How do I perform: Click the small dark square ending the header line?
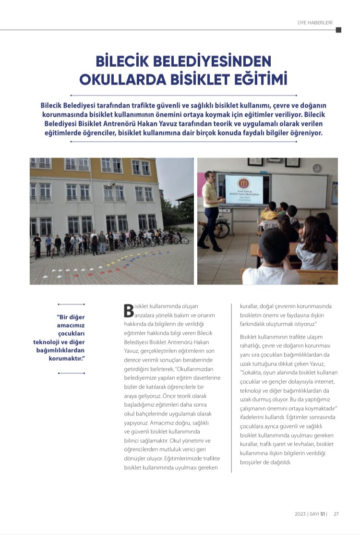[338, 30]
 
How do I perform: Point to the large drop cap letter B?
[128, 310]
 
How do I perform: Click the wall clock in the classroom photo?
[316, 168]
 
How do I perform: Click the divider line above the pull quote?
[71, 304]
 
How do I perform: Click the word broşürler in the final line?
[252, 462]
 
